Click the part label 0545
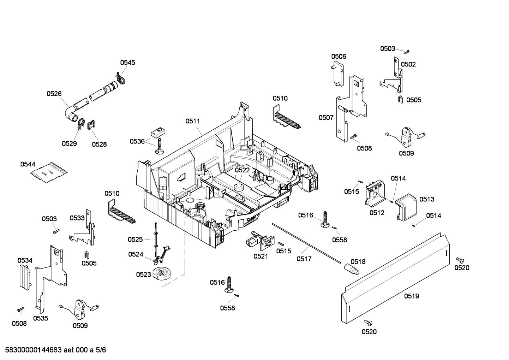[x=127, y=63]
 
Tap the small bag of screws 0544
[x=49, y=172]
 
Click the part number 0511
[x=193, y=121]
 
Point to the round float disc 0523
[x=162, y=274]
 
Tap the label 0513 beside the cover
[x=427, y=199]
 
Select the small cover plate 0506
[x=339, y=73]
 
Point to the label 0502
[x=408, y=64]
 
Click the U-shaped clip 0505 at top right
[x=401, y=99]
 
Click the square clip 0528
[x=91, y=125]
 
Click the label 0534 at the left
[x=25, y=260]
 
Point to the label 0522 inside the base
[x=242, y=170]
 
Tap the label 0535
[x=41, y=318]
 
